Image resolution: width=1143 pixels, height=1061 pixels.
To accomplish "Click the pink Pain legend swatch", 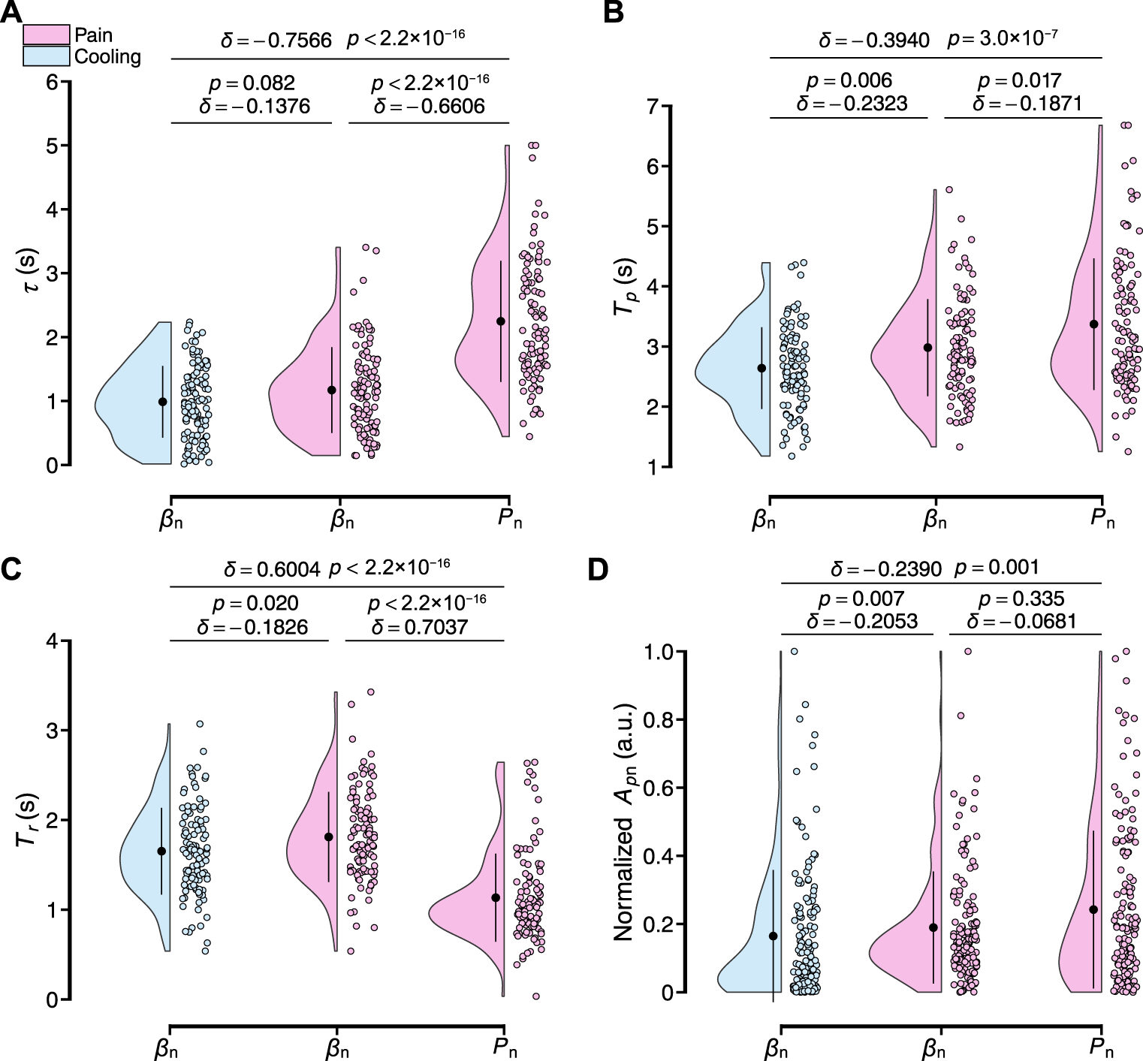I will coord(47,35).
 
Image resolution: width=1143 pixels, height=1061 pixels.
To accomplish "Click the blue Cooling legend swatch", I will coord(47,56).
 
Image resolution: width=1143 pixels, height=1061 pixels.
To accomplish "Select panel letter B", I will coord(612,12).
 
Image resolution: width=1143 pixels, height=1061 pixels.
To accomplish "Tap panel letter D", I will coord(597,569).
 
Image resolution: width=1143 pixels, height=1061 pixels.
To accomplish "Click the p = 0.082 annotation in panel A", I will coord(252,83).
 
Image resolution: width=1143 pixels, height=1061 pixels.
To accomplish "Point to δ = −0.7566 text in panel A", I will coord(276,41).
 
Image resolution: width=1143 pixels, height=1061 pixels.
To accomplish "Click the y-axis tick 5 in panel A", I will coord(52,146).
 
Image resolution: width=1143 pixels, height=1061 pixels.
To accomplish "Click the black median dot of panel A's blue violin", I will coord(162,402).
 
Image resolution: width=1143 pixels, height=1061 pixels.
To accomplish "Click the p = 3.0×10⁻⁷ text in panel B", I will coord(1003,38).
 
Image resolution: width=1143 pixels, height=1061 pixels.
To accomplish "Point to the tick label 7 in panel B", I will coord(653,107).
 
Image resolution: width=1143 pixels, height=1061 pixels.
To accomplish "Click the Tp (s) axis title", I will coord(625,286).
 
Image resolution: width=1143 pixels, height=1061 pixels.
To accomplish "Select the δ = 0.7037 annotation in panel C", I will coord(419,627).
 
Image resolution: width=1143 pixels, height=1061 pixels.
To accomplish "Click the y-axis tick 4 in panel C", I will coord(52,641).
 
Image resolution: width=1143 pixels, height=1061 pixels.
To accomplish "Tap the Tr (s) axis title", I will coord(27,819).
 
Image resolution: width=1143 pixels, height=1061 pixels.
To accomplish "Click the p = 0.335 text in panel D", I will coord(1021,598).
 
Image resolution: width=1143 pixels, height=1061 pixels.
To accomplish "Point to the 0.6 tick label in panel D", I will coord(658,788).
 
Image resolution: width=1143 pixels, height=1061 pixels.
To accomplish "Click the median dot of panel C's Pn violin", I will coord(496,897).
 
